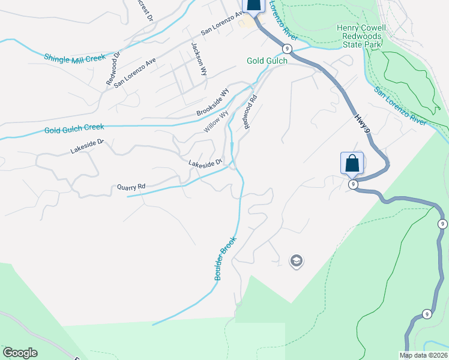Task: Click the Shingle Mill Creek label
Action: (74, 58)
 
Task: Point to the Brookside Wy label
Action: (213, 103)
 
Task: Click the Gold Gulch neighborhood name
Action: (267, 61)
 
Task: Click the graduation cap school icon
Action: (296, 261)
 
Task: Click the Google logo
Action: (20, 353)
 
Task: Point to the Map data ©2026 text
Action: (423, 355)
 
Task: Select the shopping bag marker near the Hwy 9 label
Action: (352, 163)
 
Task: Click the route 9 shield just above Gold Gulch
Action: (288, 48)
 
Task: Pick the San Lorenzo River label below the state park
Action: (400, 106)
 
